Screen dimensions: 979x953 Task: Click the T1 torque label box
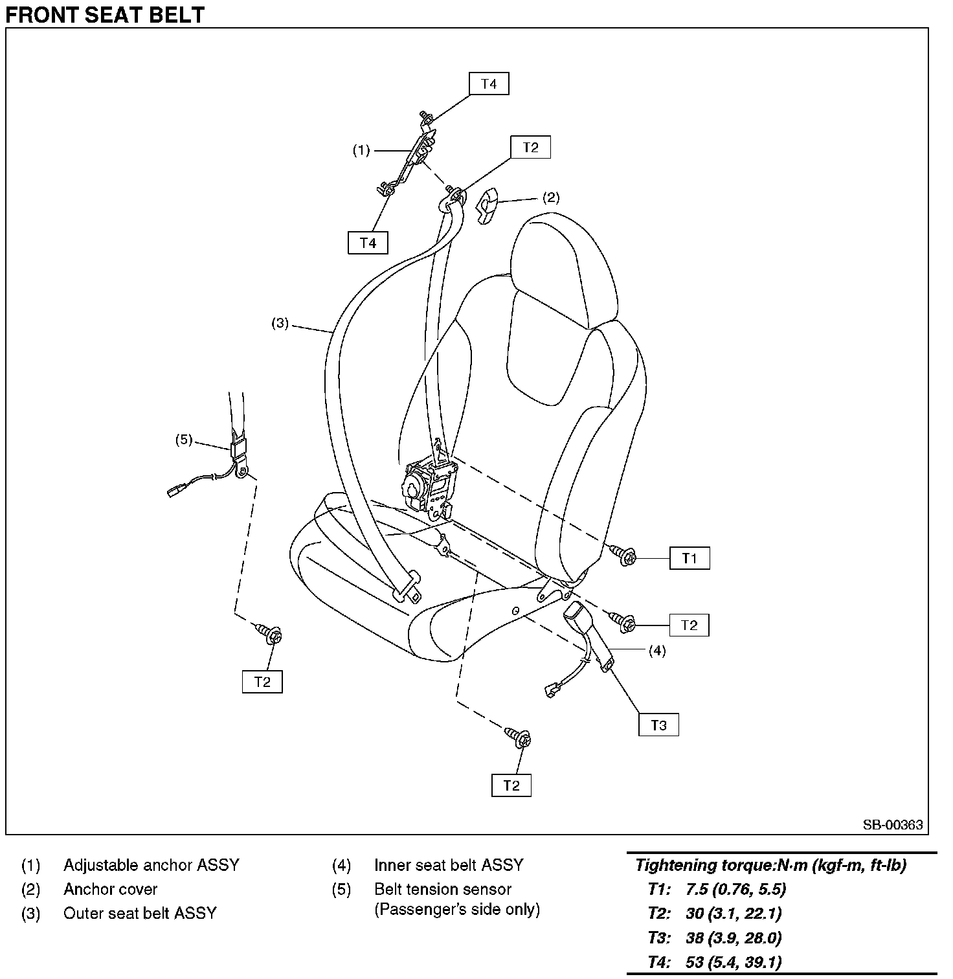click(x=689, y=558)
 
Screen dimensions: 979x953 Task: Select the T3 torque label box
click(x=658, y=725)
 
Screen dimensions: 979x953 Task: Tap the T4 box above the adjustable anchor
click(x=489, y=84)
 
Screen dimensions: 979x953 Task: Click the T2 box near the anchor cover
click(x=530, y=147)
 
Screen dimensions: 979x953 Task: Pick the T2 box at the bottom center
click(x=511, y=785)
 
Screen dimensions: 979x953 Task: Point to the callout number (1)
click(x=361, y=150)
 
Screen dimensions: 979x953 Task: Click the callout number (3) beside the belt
click(x=280, y=323)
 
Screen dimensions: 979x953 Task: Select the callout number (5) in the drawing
click(x=184, y=440)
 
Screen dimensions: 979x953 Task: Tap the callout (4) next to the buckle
click(x=657, y=651)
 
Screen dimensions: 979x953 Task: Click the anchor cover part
click(x=488, y=205)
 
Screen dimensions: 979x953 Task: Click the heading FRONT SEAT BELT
click(x=105, y=14)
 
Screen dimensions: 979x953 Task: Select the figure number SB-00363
click(x=892, y=825)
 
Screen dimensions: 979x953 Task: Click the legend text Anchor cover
click(x=110, y=889)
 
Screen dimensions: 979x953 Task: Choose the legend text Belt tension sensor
click(x=443, y=889)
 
